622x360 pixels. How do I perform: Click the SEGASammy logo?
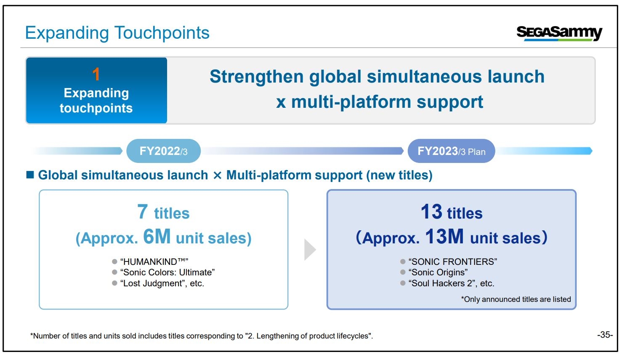pos(559,33)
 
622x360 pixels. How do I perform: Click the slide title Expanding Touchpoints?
pos(117,33)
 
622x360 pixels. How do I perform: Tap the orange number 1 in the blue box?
pos(96,74)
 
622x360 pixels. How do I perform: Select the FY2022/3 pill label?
pos(163,151)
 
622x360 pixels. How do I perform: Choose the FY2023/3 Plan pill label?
pos(451,151)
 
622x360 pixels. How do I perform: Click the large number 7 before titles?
pos(142,212)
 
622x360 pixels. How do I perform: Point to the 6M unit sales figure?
pos(157,237)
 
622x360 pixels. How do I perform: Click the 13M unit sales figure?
pos(444,237)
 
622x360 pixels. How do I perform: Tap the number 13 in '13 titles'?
pos(431,212)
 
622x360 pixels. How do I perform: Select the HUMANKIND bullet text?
pos(154,261)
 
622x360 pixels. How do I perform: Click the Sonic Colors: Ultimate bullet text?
pos(167,272)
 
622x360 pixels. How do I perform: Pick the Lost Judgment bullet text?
pos(162,283)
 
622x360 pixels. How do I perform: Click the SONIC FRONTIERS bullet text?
pos(453,261)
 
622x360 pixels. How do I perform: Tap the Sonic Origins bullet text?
pos(438,272)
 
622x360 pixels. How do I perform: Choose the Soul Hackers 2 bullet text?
pos(451,283)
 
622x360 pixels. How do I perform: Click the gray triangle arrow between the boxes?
pos(309,249)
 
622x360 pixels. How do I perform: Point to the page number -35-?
pos(605,335)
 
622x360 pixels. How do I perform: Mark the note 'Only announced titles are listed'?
pos(516,299)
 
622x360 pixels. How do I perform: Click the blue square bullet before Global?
pos(30,175)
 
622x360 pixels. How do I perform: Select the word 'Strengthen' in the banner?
pos(257,77)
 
